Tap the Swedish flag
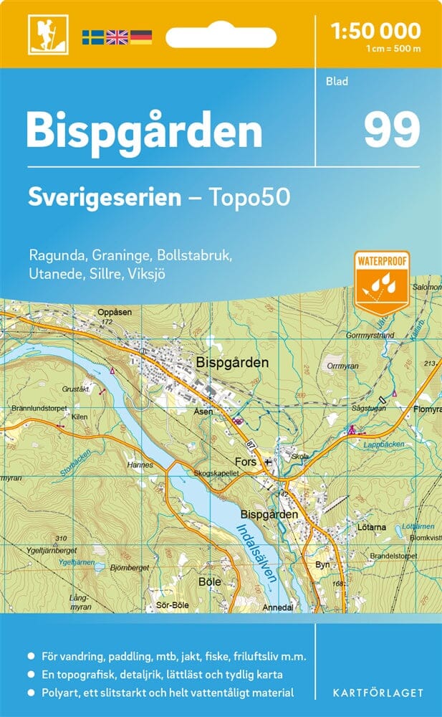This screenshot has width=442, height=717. pos(92,37)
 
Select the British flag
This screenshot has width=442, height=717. pos(116,37)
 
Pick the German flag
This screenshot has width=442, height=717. pos(140,37)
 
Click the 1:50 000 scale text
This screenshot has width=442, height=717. pos(375,30)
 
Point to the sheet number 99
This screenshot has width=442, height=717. pos(391,130)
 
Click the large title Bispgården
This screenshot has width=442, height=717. pos(144,131)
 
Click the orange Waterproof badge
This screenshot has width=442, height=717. pos(381,281)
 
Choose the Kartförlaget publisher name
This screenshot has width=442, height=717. pos(379,693)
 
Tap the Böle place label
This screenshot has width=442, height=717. pos(209,581)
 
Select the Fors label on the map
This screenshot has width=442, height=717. pos(246,462)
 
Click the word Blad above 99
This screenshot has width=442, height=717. pos(337,81)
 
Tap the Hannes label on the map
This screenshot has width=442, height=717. pos(141,465)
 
